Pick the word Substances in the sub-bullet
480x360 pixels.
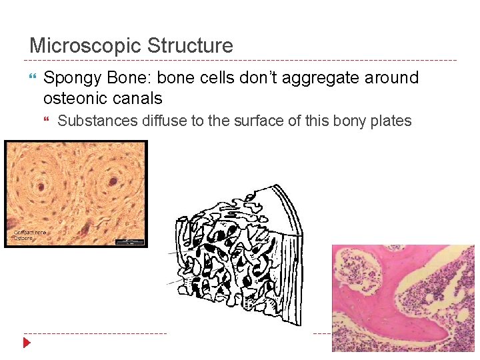coord(98,121)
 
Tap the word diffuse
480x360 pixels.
coord(165,121)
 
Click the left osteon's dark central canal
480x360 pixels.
coord(46,182)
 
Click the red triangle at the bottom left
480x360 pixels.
coord(27,343)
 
